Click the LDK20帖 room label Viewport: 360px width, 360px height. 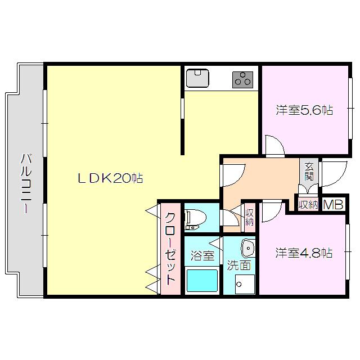[110, 178]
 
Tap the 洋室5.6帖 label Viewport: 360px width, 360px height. [304, 110]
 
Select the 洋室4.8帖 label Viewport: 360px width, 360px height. [304, 253]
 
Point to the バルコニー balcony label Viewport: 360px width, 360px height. [26, 184]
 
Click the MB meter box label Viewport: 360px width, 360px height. [333, 204]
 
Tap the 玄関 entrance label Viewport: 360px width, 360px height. [309, 172]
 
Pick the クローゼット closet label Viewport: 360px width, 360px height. [170, 249]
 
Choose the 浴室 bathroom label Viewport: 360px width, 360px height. [202, 256]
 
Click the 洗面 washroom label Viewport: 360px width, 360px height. [238, 265]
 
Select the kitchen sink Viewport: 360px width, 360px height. [197, 78]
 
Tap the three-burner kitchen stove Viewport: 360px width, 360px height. [242, 80]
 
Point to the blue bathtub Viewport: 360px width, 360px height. [202, 281]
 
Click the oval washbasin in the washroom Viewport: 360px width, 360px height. [247, 248]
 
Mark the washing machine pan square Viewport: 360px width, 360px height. [245, 284]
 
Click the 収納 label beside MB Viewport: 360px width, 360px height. [308, 205]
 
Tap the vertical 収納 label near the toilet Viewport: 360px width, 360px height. [249, 217]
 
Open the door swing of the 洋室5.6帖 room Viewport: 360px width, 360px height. [275, 146]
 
